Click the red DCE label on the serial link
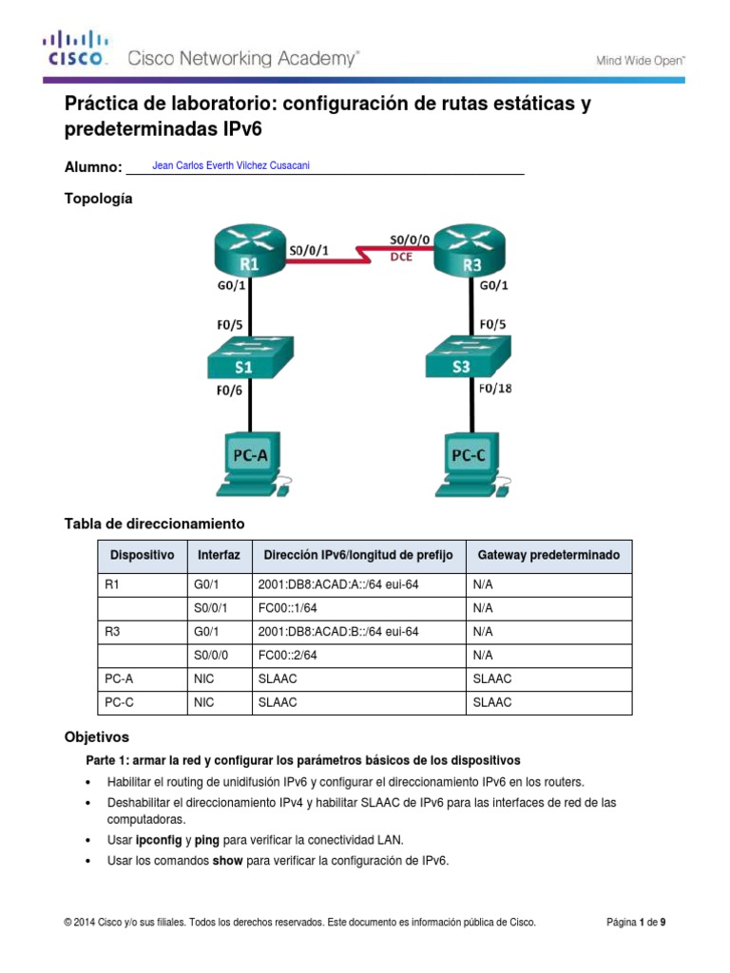click(401, 257)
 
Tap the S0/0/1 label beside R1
click(309, 252)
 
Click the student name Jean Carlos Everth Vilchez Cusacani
click(231, 165)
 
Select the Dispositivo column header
click(143, 555)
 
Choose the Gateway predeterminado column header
click(548, 555)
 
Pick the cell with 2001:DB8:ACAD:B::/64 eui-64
click(337, 631)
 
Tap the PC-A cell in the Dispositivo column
click(119, 678)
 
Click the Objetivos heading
click(96, 737)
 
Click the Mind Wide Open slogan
click(640, 60)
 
